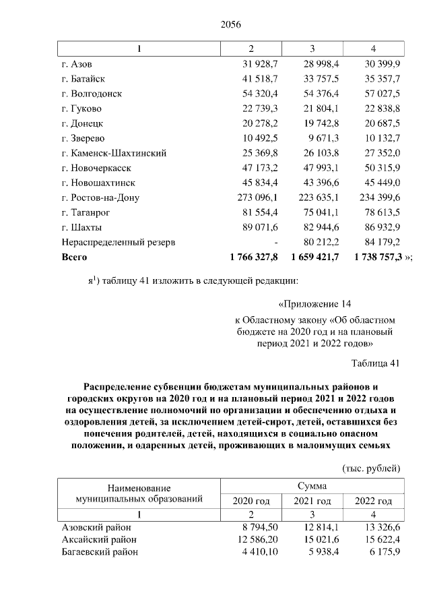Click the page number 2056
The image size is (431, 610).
click(x=230, y=25)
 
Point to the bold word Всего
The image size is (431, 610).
click(x=74, y=257)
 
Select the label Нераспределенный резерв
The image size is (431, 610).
click(x=108, y=241)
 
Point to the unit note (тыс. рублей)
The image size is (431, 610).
click(x=372, y=468)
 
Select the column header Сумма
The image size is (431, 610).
click(x=312, y=486)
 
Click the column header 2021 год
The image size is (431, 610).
click(x=312, y=501)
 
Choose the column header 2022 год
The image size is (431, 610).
click(x=373, y=501)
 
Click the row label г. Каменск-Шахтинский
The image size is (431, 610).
click(x=113, y=152)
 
